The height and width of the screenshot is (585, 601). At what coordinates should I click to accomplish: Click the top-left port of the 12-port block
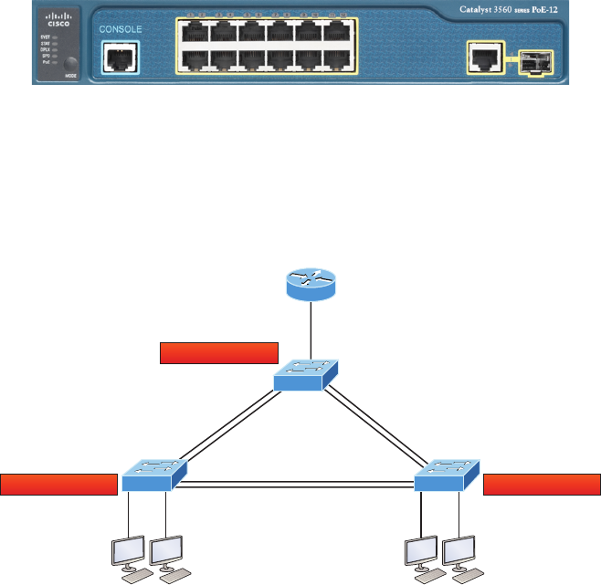click(x=196, y=33)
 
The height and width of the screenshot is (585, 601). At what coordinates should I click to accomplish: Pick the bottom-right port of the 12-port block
click(x=338, y=60)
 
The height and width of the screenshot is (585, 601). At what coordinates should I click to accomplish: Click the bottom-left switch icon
click(x=153, y=474)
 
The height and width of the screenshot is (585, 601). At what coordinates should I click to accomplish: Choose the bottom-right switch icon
click(x=446, y=475)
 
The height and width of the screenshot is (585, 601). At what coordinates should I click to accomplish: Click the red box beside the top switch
click(x=218, y=352)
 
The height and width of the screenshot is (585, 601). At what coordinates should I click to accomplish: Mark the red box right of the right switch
click(x=542, y=484)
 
